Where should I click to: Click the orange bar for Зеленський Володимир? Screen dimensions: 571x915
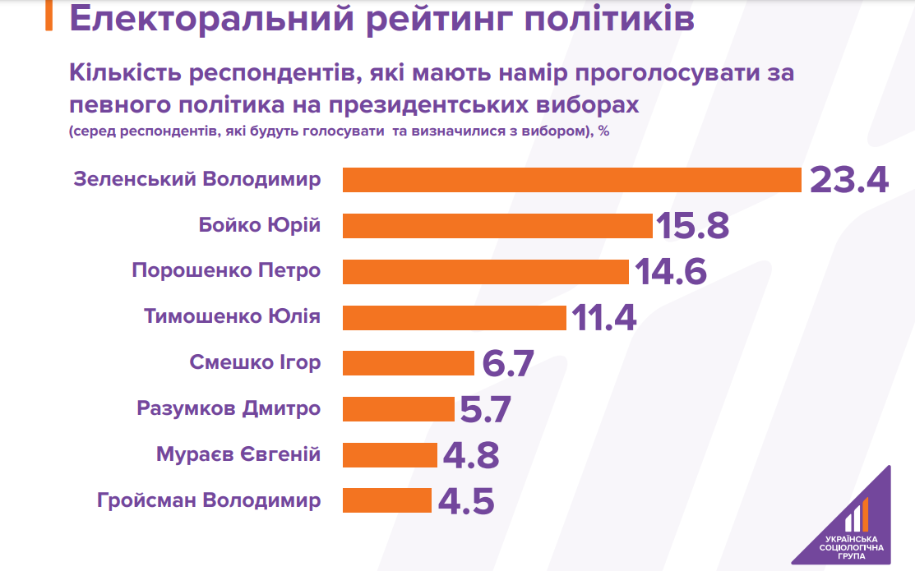571,180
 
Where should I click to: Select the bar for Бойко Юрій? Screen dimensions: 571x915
497,226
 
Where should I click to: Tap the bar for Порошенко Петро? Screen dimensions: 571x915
485,272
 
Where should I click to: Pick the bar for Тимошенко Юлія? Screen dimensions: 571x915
455,317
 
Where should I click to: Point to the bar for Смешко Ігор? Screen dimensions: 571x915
409,363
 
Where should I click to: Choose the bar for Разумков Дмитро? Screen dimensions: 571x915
399,408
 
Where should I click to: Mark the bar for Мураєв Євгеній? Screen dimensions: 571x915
390,454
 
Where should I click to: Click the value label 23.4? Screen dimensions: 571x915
848,180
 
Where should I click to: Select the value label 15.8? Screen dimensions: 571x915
692,226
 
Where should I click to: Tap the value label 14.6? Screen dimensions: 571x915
668,272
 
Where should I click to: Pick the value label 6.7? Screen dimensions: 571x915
509,363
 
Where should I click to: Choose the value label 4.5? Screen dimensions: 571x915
466,500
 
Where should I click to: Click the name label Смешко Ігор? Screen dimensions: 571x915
255,362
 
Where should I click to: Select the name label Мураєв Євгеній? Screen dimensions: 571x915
238,454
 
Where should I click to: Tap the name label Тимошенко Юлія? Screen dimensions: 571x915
232,317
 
